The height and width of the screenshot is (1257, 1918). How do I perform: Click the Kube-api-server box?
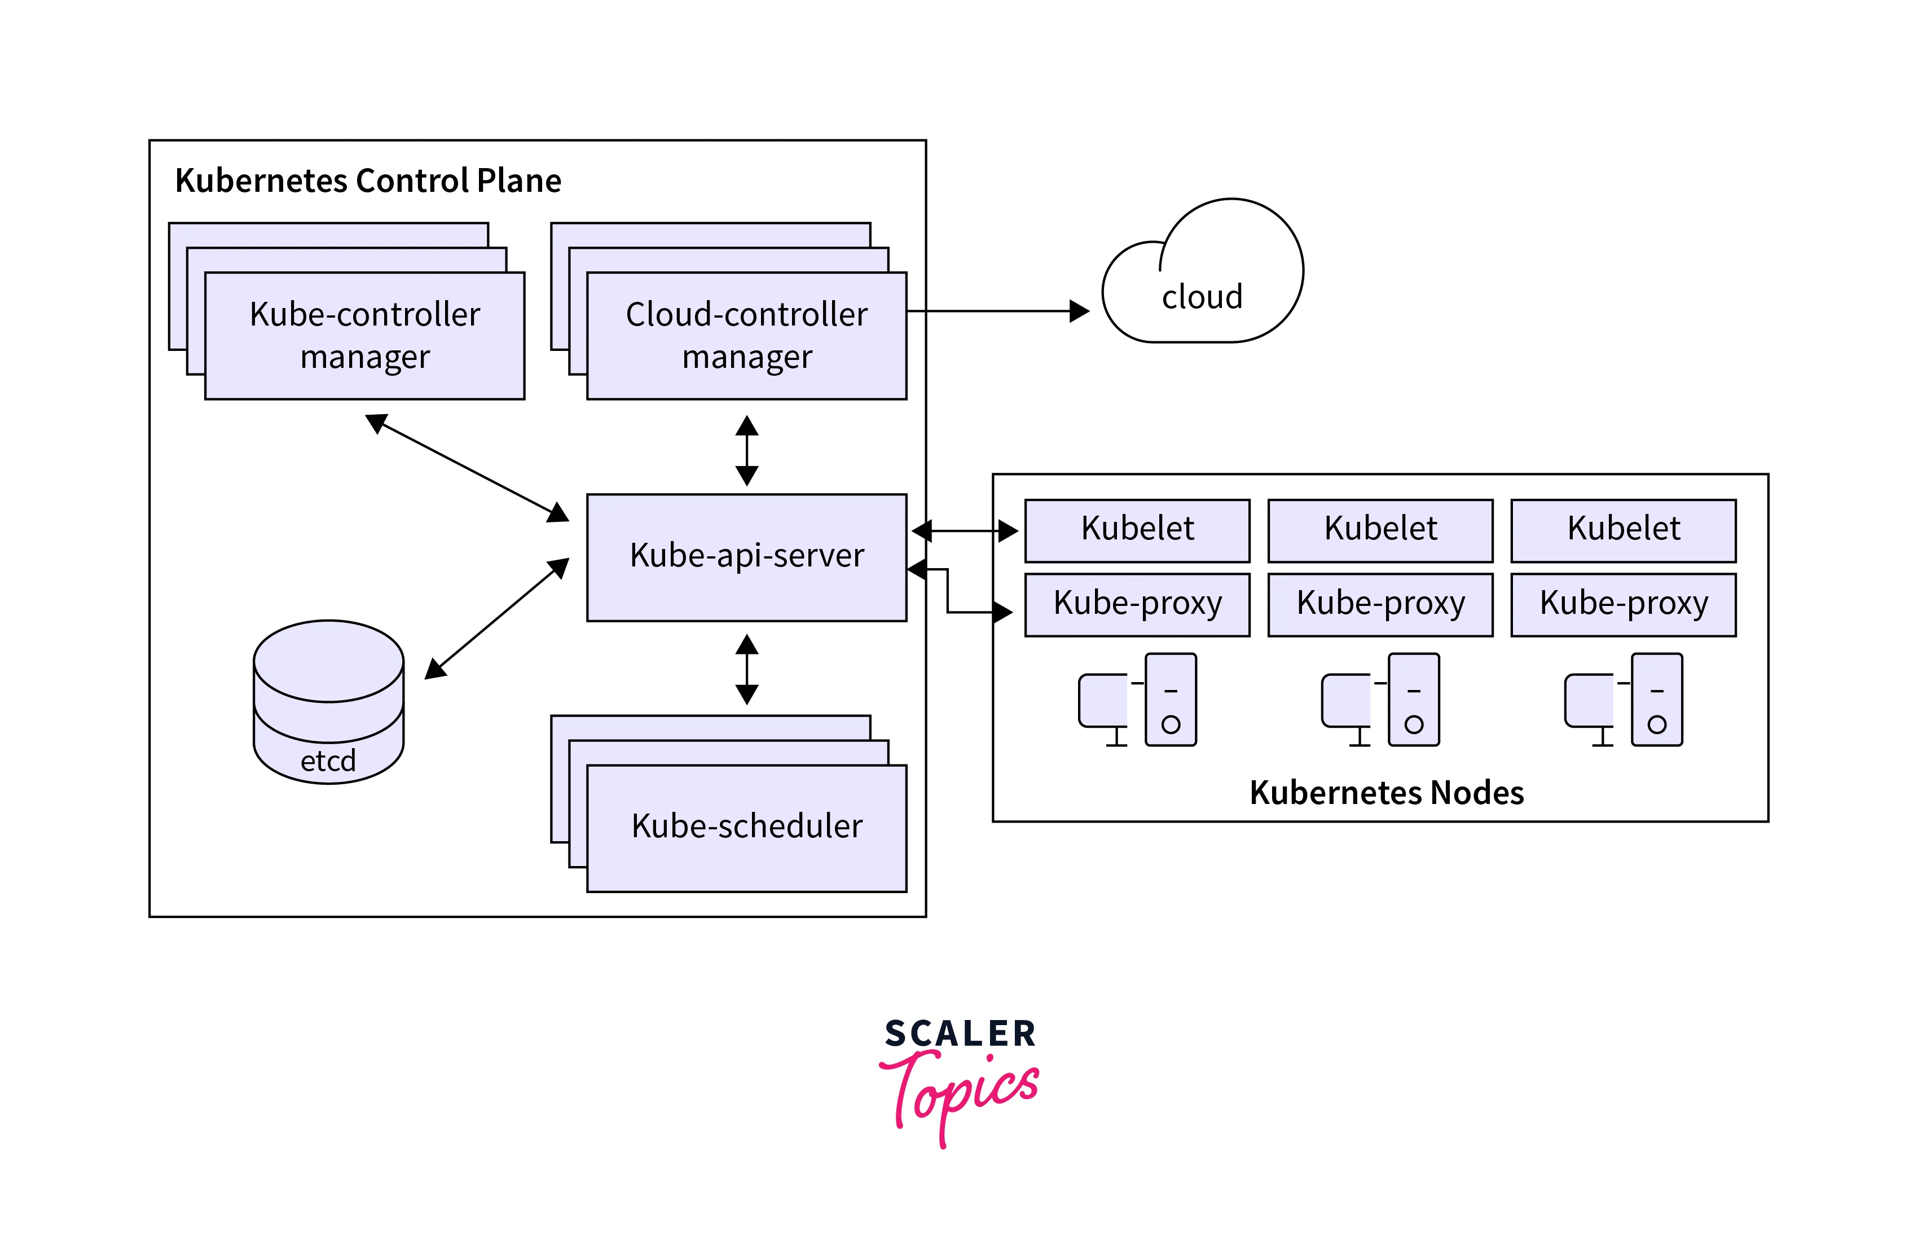click(x=746, y=557)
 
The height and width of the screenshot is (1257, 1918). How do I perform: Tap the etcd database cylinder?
click(x=329, y=701)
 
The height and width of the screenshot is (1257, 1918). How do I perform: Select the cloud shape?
click(x=1202, y=278)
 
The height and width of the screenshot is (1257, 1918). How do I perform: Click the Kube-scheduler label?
click(x=746, y=827)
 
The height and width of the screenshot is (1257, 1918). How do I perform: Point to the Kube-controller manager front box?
click(x=364, y=335)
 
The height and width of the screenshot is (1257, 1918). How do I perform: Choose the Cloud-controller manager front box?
click(x=746, y=335)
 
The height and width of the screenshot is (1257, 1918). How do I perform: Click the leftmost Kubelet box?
click(x=1137, y=530)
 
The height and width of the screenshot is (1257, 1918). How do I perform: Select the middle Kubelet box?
click(x=1380, y=530)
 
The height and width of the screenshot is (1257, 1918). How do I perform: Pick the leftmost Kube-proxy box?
click(x=1137, y=604)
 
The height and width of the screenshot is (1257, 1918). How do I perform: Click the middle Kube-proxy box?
click(x=1380, y=604)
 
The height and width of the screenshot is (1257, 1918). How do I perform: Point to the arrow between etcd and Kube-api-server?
click(x=497, y=618)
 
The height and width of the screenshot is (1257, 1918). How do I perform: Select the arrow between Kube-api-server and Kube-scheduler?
click(x=747, y=669)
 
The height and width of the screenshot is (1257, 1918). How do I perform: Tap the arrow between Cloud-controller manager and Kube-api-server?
click(x=747, y=450)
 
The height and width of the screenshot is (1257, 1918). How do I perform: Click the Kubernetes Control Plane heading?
click(x=368, y=181)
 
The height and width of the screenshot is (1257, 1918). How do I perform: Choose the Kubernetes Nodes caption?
click(x=1386, y=793)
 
